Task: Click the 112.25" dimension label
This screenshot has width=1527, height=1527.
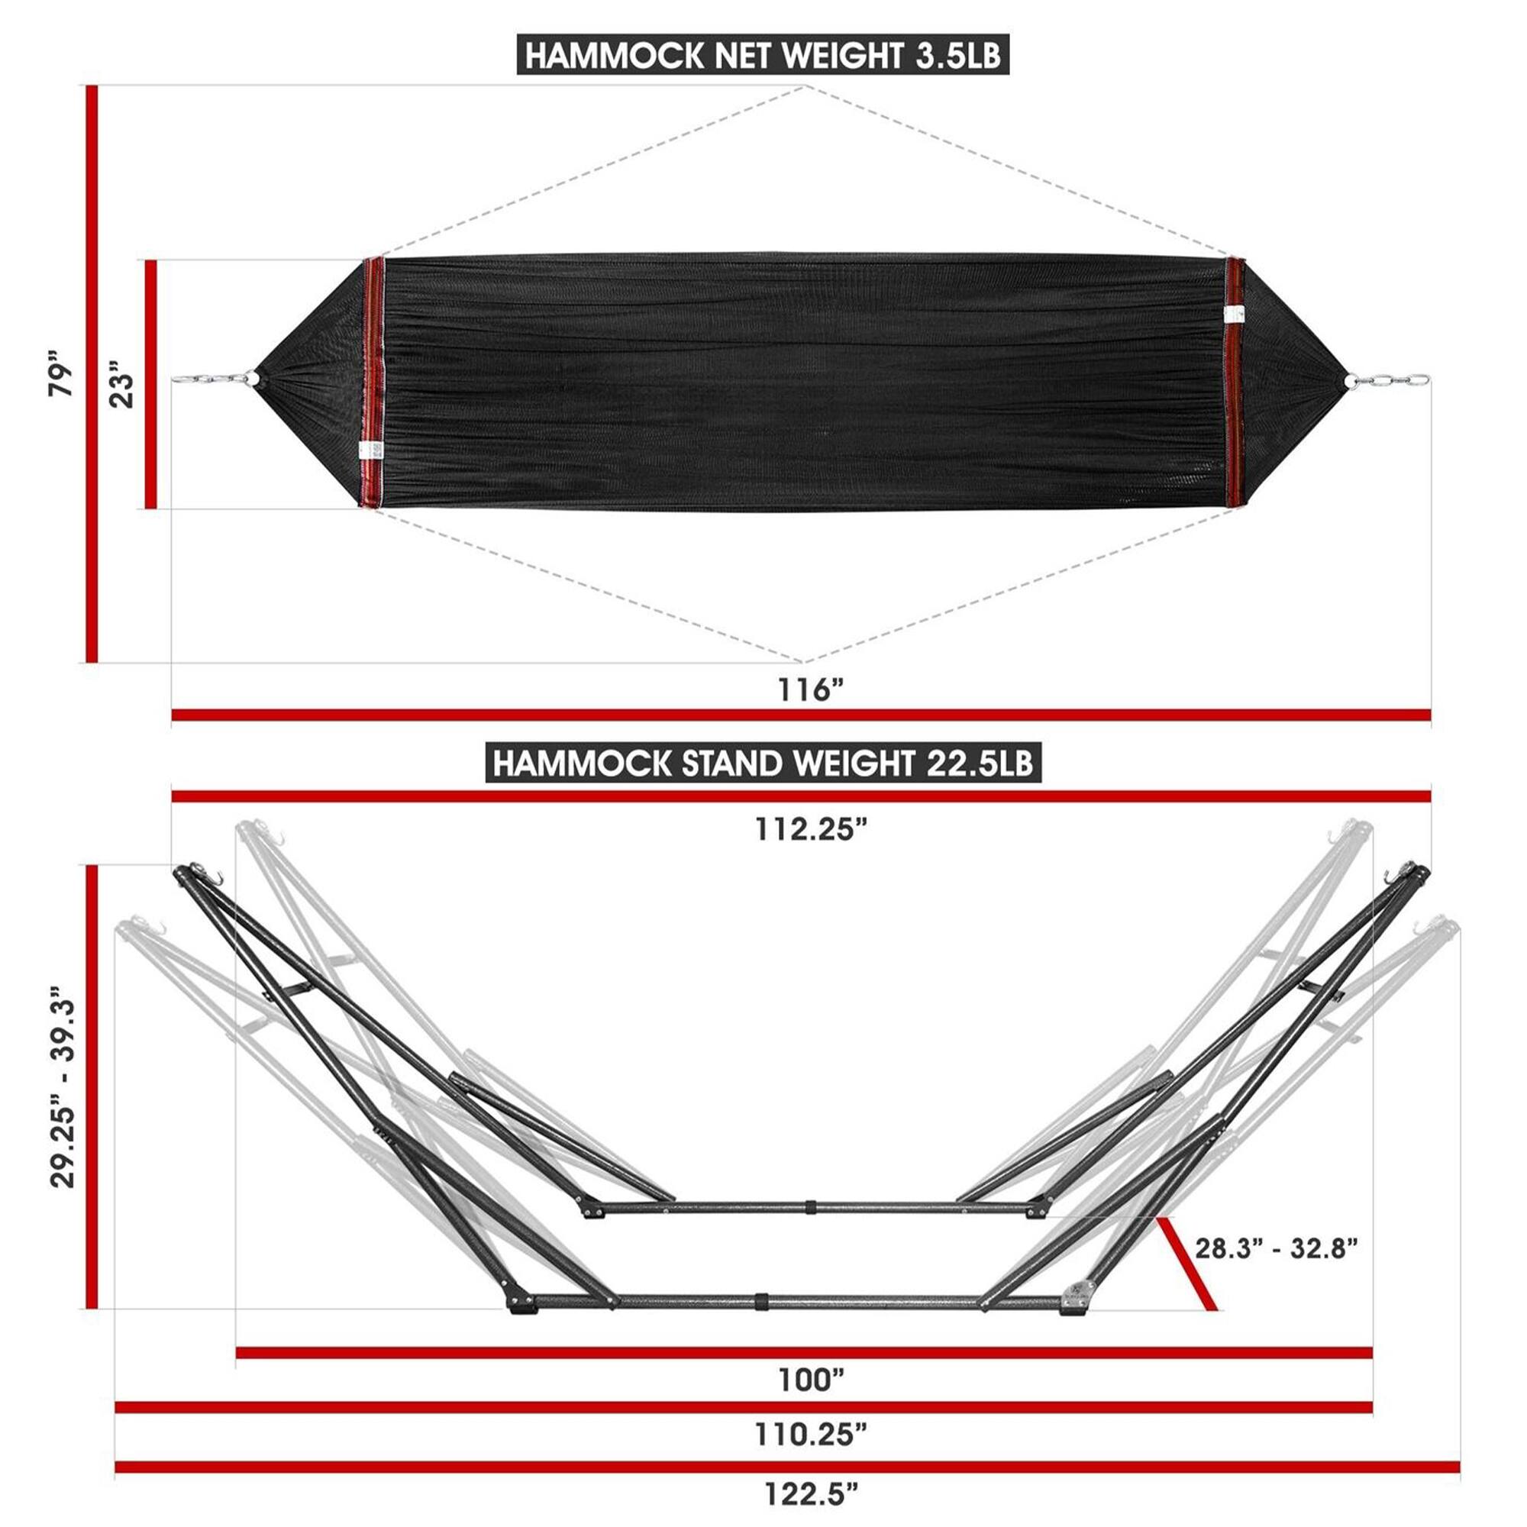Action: click(x=811, y=830)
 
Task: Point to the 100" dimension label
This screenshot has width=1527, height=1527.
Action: click(x=811, y=1380)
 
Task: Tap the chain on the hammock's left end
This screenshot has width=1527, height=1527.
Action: click(x=209, y=379)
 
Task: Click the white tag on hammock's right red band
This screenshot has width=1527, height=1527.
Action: click(x=1232, y=313)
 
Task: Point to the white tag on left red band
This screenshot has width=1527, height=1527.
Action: click(x=370, y=450)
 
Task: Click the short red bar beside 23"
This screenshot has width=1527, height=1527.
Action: click(x=151, y=384)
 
